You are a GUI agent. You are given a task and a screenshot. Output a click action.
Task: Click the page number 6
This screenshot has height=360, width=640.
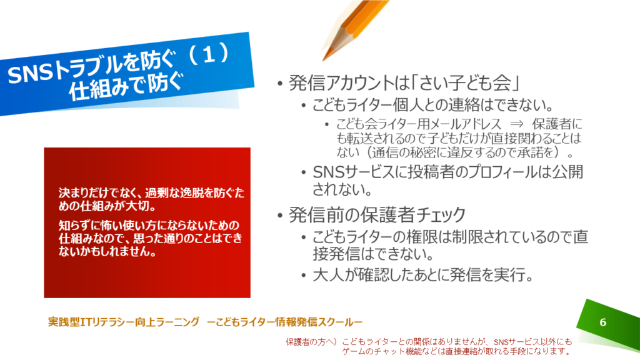(603, 322)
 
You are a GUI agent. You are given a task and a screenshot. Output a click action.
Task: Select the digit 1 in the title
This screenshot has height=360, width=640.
(209, 54)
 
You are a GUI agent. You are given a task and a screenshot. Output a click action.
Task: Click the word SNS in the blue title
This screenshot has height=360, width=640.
(31, 74)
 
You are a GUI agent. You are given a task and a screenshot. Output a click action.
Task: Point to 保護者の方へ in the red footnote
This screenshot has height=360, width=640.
(311, 342)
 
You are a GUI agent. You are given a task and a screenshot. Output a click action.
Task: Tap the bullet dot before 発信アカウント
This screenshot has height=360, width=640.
(279, 84)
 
